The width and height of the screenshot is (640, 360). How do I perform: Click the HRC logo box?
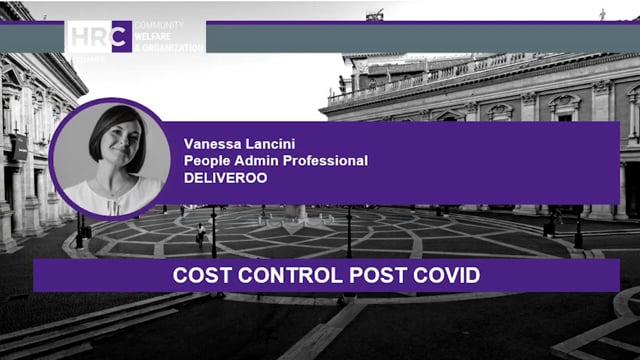click(x=99, y=36)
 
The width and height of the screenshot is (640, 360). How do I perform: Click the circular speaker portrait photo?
click(x=111, y=157)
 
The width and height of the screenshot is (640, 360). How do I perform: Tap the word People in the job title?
click(x=208, y=160)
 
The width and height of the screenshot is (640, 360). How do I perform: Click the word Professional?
click(x=326, y=160)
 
